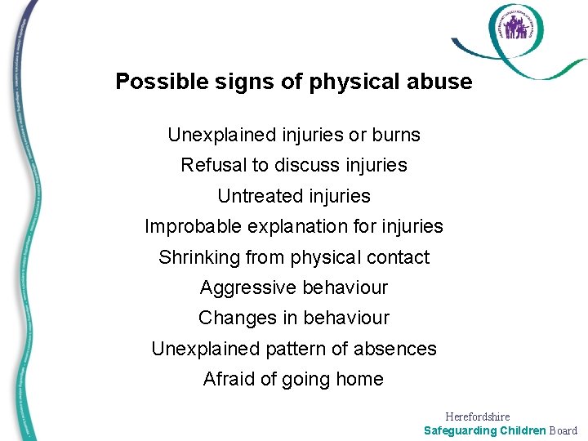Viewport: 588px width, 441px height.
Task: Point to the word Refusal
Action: [x=213, y=165]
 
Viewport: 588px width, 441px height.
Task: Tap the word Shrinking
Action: [x=197, y=257]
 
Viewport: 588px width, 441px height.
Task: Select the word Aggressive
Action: [x=248, y=287]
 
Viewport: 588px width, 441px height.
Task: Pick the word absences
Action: [x=395, y=349]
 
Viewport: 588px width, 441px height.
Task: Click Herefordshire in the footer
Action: [x=478, y=416]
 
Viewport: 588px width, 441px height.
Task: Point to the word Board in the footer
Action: [x=563, y=430]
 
